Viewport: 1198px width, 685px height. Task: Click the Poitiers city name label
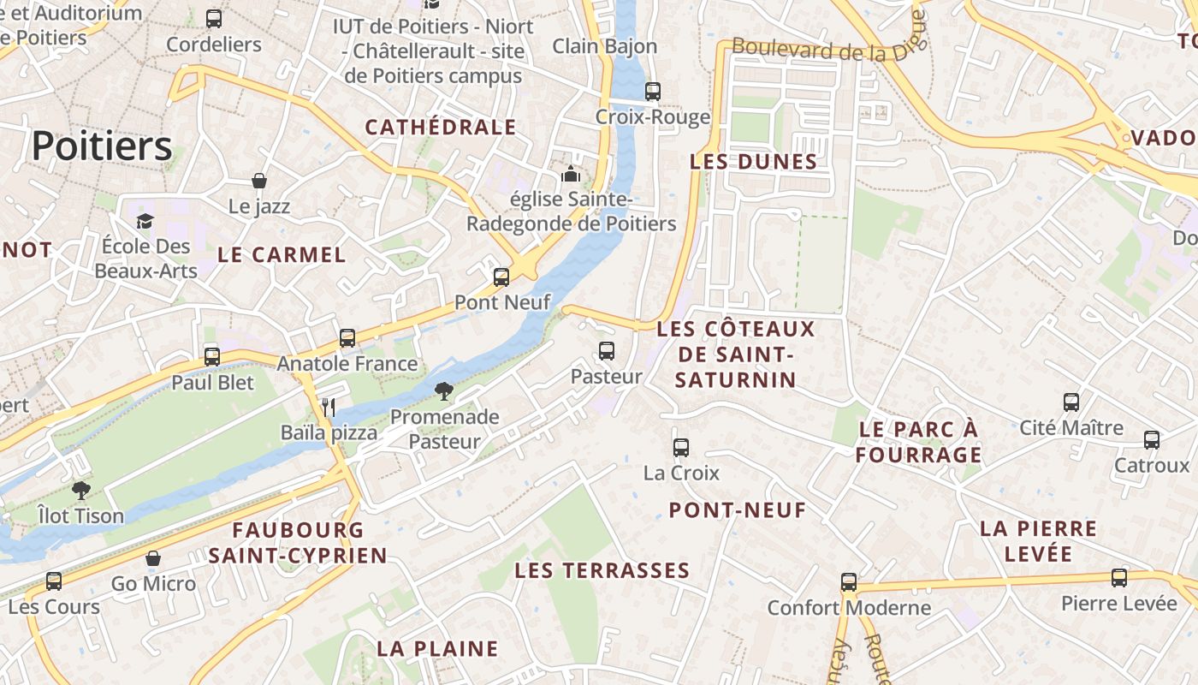click(102, 146)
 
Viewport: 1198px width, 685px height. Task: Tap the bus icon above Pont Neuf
click(501, 277)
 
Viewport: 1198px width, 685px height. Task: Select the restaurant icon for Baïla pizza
click(329, 407)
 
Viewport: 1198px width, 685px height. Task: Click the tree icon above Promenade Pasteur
click(443, 392)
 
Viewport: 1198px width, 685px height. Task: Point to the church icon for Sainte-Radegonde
click(571, 175)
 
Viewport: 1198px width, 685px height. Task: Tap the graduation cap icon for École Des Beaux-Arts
click(145, 222)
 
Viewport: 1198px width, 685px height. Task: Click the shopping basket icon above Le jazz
click(259, 181)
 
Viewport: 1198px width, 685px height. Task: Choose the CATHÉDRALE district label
click(441, 128)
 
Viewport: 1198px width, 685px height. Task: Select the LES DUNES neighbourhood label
click(754, 162)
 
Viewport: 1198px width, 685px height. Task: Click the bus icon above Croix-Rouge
click(653, 91)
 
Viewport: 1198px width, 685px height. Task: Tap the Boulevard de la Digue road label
click(829, 49)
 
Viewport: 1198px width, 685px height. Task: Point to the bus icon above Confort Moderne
click(848, 582)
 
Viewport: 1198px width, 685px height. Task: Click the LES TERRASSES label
click(602, 570)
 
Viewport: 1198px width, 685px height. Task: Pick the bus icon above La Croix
click(681, 447)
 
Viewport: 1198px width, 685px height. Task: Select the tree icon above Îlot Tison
click(81, 491)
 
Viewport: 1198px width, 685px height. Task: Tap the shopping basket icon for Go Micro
click(153, 559)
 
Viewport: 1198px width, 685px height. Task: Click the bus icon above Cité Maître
click(1071, 402)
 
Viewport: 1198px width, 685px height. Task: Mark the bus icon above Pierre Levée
click(1119, 578)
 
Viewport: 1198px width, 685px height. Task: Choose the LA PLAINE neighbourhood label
click(437, 648)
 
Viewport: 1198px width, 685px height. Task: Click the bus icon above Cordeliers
click(214, 19)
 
